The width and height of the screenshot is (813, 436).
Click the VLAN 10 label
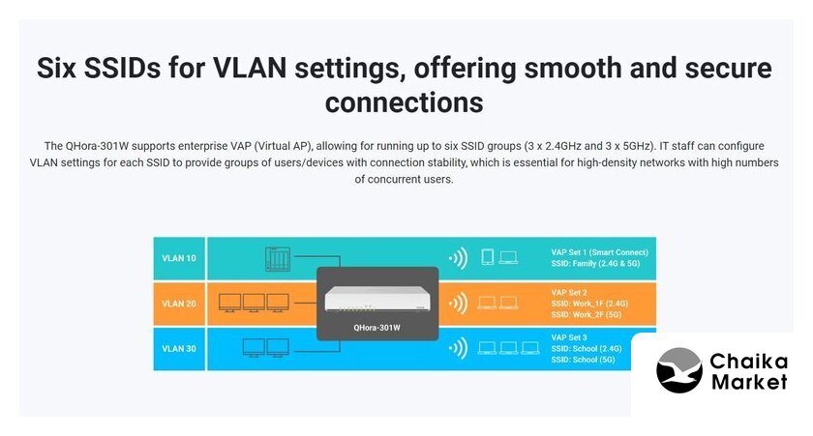[x=179, y=258]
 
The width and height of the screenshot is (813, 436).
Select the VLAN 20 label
[x=179, y=304]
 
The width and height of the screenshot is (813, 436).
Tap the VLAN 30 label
[x=179, y=348]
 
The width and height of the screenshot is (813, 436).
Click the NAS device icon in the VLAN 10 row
[x=278, y=259]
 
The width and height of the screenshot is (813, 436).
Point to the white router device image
[x=377, y=299]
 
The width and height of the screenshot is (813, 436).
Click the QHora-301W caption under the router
[x=376, y=328]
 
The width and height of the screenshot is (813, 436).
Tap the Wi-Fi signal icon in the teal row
[x=459, y=258]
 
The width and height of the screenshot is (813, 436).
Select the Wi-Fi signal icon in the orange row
[x=459, y=304]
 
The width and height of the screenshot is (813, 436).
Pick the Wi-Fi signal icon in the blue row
[x=459, y=348]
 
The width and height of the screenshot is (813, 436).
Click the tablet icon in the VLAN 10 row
[x=488, y=257]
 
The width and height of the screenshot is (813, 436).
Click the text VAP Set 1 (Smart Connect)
[x=599, y=252]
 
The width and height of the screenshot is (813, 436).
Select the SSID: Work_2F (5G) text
[x=587, y=314]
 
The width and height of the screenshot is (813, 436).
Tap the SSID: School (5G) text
[x=583, y=360]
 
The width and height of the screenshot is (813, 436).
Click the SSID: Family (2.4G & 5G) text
[x=596, y=264]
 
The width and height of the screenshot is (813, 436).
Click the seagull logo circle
[x=679, y=370]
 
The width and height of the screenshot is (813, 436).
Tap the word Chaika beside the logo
[x=749, y=362]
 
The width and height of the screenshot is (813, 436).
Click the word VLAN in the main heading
[x=250, y=69]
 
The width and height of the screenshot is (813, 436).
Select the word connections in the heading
[x=404, y=102]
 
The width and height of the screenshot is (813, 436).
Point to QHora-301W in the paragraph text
[x=97, y=146]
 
